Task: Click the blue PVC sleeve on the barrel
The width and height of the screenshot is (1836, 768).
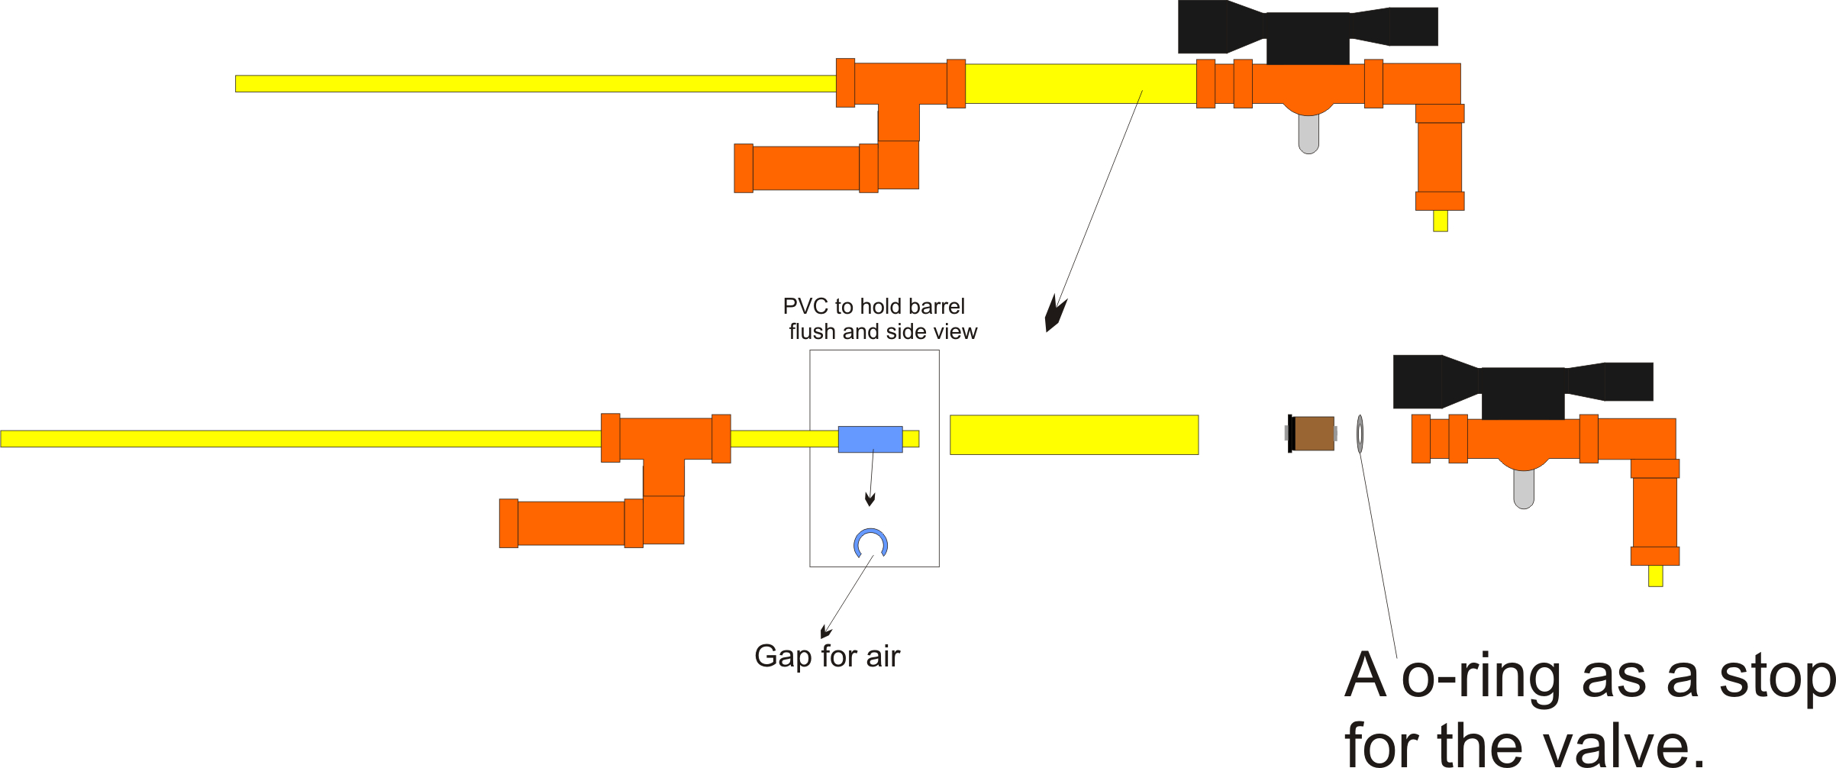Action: click(x=870, y=439)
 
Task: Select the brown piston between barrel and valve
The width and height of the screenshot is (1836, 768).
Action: click(x=1314, y=434)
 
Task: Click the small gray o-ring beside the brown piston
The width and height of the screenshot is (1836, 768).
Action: click(x=1360, y=434)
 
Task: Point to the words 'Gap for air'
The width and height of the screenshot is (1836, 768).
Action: click(x=827, y=657)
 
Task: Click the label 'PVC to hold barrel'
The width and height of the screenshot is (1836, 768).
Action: click(x=873, y=307)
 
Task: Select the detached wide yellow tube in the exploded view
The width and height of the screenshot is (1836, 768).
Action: click(x=1073, y=435)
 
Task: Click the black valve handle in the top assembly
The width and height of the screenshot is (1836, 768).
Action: click(x=1307, y=31)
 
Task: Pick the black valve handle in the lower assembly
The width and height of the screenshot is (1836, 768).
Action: click(x=1522, y=386)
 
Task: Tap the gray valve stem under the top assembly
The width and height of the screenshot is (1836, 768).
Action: click(x=1308, y=134)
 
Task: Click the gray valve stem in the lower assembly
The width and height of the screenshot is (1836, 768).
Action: click(x=1524, y=489)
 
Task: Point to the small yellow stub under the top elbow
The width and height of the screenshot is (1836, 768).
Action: click(x=1440, y=221)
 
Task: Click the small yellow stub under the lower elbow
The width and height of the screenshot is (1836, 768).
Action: click(x=1655, y=576)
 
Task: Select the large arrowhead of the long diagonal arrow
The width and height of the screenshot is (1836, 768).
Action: click(x=1054, y=314)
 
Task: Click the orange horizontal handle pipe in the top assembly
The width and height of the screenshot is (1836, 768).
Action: click(x=805, y=168)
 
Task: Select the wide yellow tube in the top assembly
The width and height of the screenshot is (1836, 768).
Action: click(x=1080, y=84)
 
